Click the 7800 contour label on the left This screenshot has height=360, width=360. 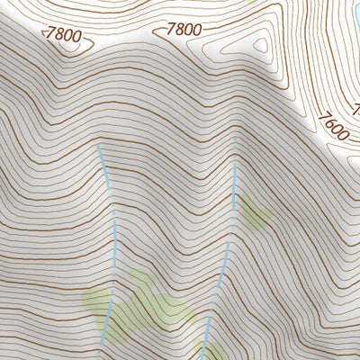pos(64,36)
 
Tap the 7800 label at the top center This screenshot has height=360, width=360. pos(183,29)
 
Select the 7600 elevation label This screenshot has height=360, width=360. pos(333,125)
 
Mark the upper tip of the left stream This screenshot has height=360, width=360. pos(99,148)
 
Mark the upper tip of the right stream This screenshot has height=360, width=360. pos(236,165)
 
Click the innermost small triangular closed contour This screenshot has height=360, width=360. pos(260,45)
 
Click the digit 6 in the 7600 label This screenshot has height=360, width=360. pos(329,121)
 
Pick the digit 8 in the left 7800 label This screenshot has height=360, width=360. pos(58,34)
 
